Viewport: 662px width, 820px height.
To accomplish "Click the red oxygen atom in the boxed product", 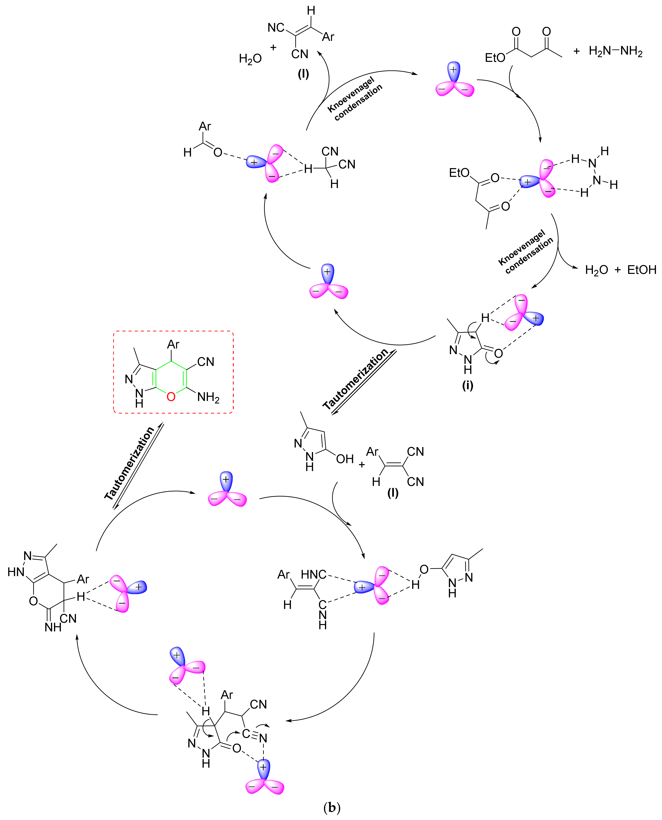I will click(x=171, y=397).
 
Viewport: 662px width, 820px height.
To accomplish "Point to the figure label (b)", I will click(x=331, y=807).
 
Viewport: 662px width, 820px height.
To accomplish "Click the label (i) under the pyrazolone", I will click(x=467, y=385).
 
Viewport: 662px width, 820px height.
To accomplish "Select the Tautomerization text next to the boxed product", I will click(x=130, y=463).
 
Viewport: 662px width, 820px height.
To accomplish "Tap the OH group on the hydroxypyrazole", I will click(x=345, y=459).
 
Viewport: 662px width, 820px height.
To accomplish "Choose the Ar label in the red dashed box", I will click(x=173, y=345).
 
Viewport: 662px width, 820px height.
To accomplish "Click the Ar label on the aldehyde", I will click(x=205, y=126).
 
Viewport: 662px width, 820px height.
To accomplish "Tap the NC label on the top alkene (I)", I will click(x=276, y=27).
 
